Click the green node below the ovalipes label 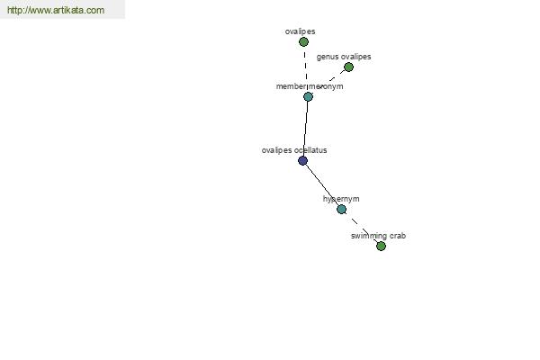point(303,42)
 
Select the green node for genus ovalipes point(348,67)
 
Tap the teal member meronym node point(308,97)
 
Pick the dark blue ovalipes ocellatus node point(302,160)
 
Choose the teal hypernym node point(341,209)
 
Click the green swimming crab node point(381,246)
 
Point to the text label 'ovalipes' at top point(300,31)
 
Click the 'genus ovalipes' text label point(344,57)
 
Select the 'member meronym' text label point(310,86)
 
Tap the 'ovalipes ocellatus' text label point(294,150)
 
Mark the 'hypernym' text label point(341,199)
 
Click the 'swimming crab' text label point(378,236)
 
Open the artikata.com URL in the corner point(56,10)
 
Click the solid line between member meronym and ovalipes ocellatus point(305,129)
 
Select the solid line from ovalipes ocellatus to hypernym point(322,184)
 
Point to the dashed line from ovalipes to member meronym point(306,69)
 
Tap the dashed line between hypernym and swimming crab point(361,228)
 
